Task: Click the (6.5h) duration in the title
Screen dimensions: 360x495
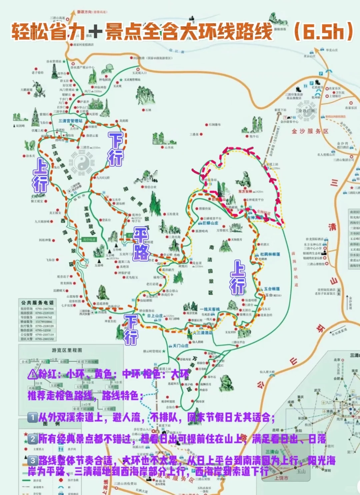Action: click(x=323, y=31)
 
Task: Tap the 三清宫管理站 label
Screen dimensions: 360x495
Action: click(x=70, y=121)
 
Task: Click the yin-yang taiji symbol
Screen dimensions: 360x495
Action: click(x=81, y=163)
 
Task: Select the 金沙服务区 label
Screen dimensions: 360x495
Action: click(x=310, y=131)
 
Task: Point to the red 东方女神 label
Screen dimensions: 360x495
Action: click(x=245, y=191)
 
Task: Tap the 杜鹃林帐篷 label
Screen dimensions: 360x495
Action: click(x=270, y=254)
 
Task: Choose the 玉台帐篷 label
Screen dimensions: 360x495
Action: click(x=272, y=289)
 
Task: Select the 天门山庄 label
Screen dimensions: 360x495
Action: click(x=181, y=346)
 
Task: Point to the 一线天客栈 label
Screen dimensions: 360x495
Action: click(x=210, y=309)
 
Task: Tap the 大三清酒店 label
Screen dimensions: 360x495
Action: click(x=204, y=333)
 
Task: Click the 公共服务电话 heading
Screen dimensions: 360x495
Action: click(x=37, y=303)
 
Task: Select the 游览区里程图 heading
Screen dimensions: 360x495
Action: click(x=67, y=350)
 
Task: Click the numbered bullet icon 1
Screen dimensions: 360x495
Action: click(x=32, y=417)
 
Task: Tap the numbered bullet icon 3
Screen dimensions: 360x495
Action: click(x=32, y=461)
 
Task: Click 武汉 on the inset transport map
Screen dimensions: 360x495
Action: click(x=317, y=390)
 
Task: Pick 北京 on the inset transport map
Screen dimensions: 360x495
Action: click(x=337, y=360)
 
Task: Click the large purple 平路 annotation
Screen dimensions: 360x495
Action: click(x=141, y=244)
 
